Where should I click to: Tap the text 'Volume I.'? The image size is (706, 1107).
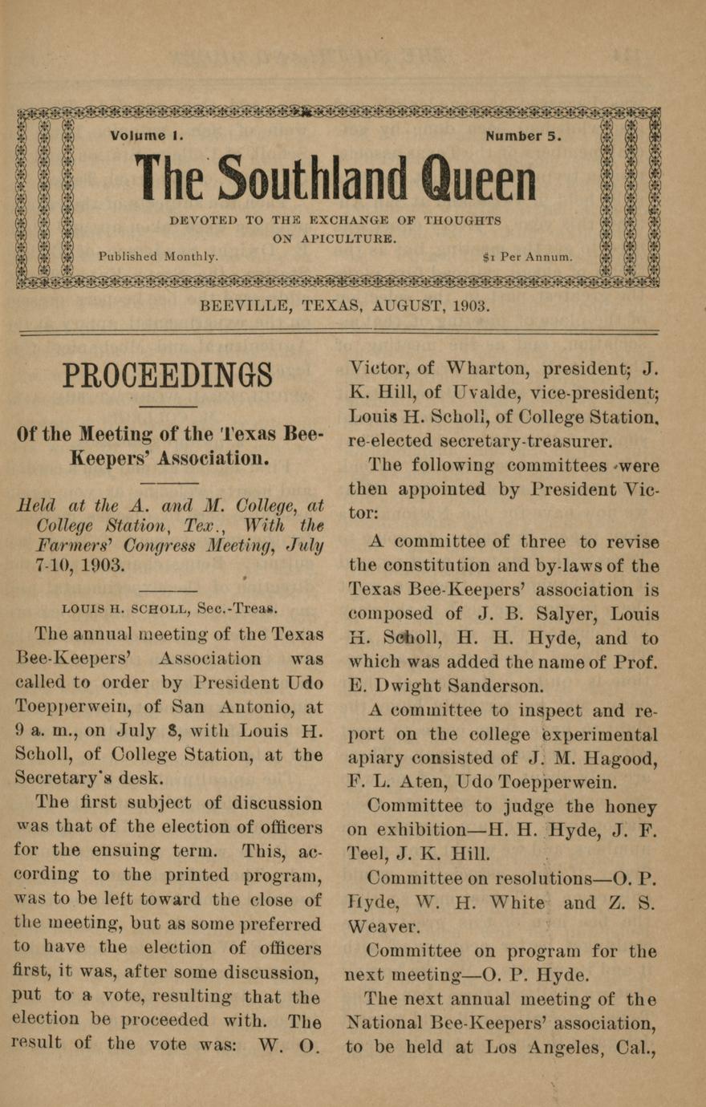pos(147,136)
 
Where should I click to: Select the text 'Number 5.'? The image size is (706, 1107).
pos(523,136)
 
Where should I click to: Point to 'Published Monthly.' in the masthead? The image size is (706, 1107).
pos(158,257)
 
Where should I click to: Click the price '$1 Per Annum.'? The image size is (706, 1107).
pos(528,257)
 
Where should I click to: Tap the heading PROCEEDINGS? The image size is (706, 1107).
pos(168,375)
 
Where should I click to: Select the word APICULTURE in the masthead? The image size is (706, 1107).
pos(355,238)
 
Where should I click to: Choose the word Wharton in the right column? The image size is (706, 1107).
pos(489,369)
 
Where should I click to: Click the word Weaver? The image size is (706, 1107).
pos(383,927)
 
